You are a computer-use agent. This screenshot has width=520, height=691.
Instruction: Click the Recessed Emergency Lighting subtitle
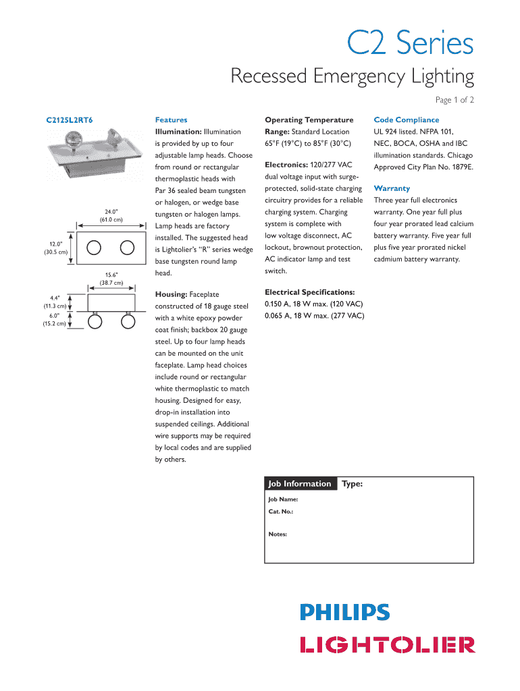(352, 76)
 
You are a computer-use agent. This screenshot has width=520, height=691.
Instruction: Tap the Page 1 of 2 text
(454, 101)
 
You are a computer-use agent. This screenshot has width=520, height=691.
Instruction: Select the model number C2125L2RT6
(70, 120)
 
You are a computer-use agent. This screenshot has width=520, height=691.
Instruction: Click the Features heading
(171, 120)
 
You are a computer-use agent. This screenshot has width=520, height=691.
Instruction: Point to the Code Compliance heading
(406, 120)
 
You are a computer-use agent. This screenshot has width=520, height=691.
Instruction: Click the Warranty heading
(392, 188)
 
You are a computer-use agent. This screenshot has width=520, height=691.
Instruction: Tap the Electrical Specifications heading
(309, 292)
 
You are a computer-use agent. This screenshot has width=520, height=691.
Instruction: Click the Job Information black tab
(300, 484)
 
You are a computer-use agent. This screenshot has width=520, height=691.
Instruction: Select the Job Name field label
(283, 500)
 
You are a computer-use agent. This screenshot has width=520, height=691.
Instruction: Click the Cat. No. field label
(280, 512)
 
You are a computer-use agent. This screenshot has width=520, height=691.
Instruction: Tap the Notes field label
(278, 534)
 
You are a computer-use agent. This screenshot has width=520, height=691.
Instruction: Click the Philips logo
(344, 613)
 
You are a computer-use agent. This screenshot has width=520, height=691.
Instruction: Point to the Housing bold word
(171, 294)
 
